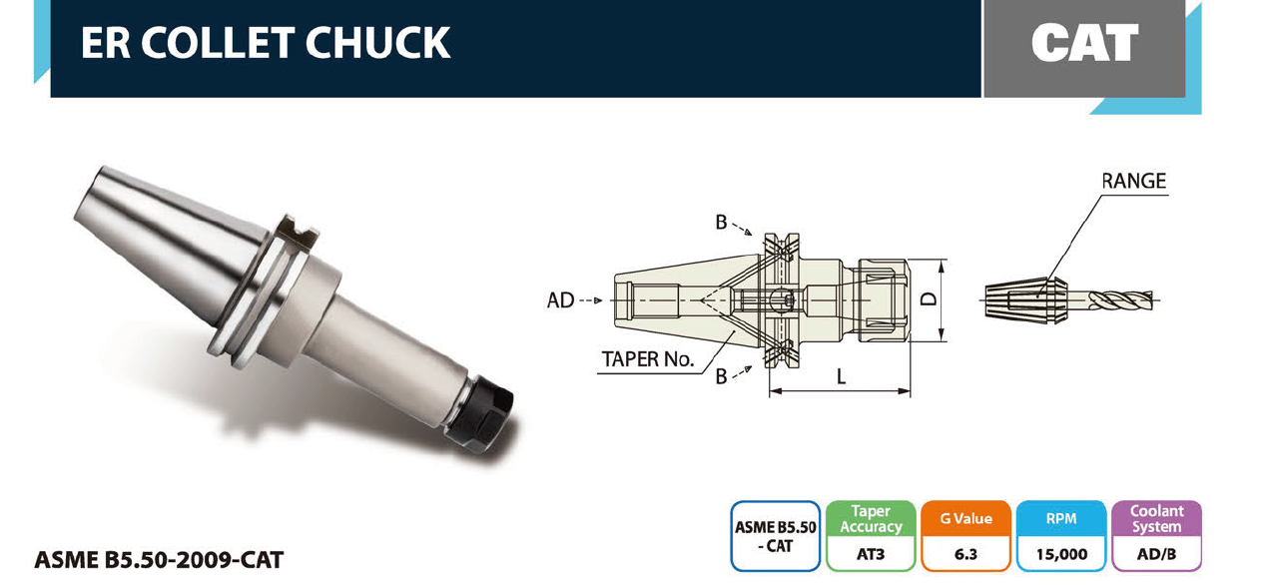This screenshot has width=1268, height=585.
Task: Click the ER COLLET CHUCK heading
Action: coord(266,43)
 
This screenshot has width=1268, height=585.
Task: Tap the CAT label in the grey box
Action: coord(1084,43)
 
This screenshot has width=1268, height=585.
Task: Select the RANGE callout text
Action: coord(1133,181)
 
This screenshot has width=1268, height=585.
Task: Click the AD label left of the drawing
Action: coord(560,300)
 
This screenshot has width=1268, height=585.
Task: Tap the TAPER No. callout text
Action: coord(648,359)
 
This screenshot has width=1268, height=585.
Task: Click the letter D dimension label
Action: coord(929,298)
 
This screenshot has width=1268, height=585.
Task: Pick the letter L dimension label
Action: coord(842,376)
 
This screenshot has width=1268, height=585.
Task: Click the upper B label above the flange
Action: coord(721,223)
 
